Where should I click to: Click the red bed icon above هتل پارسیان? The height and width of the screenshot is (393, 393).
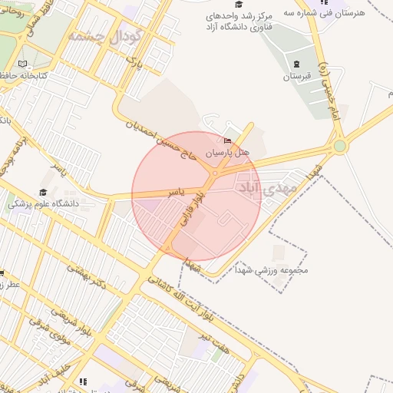pos(227,140)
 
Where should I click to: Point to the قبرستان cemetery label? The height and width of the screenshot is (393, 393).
pos(297,77)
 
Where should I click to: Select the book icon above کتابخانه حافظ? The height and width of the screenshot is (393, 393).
pos(22,63)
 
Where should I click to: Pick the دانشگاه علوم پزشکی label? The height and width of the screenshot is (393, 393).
pos(44,204)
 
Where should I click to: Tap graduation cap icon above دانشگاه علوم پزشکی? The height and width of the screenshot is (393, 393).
pos(43,192)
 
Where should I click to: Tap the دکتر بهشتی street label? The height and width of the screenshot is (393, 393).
pos(86,275)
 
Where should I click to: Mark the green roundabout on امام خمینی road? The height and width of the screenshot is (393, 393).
pos(339,146)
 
